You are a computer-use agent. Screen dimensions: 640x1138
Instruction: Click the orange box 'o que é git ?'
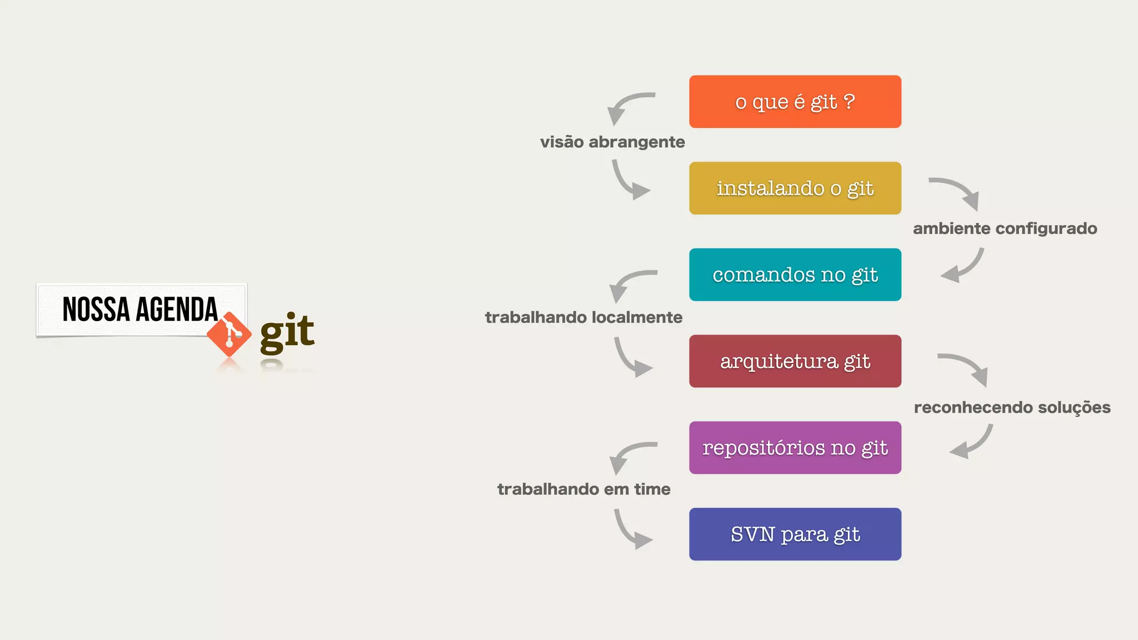pos(795,102)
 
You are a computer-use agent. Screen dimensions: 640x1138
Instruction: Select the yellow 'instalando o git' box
pos(795,188)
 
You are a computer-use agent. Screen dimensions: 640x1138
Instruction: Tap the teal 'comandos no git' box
pos(795,274)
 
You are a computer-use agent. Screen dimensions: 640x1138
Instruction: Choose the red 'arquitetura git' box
pos(795,361)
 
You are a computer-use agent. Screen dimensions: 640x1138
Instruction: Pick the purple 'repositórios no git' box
pos(795,448)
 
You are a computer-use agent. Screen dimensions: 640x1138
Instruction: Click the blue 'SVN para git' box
pos(795,534)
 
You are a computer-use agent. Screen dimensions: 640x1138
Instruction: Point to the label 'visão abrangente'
pos(612,142)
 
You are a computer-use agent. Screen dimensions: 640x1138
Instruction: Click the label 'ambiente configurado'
pos(1005,228)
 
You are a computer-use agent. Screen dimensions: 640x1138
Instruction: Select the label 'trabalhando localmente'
pos(583,317)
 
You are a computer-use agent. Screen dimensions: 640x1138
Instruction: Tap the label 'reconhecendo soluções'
pos(1012,407)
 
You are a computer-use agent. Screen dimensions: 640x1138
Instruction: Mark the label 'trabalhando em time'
pos(583,489)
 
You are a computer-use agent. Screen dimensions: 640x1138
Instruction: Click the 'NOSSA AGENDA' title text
pos(140,309)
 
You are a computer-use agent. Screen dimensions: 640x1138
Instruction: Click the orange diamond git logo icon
pos(229,334)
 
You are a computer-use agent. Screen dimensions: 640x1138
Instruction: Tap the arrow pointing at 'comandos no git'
pos(964,267)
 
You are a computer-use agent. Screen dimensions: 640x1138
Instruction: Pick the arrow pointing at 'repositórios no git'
pos(972,443)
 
